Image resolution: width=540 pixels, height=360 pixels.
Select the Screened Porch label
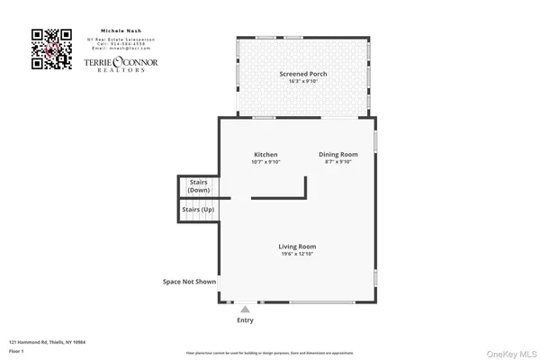click(x=303, y=74)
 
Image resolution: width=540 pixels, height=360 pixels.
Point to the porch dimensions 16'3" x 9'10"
click(x=303, y=81)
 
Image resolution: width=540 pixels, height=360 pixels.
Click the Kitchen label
click(x=265, y=155)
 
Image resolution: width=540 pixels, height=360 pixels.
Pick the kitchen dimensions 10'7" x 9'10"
click(x=265, y=162)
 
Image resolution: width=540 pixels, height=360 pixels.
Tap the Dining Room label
click(x=338, y=155)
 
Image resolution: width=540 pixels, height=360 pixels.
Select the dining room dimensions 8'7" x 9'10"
click(x=338, y=162)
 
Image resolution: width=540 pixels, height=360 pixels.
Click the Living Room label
click(x=297, y=246)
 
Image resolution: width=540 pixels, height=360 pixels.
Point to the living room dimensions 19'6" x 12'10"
click(x=297, y=254)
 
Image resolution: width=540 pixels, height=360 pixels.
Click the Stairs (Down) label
click(x=199, y=186)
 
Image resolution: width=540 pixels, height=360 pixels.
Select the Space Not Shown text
click(x=189, y=282)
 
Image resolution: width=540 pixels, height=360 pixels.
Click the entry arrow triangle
click(x=245, y=309)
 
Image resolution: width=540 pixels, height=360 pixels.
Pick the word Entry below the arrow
click(x=245, y=320)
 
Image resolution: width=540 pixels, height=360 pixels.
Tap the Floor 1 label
click(x=17, y=351)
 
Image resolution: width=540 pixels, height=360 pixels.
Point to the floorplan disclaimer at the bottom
click(x=269, y=354)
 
